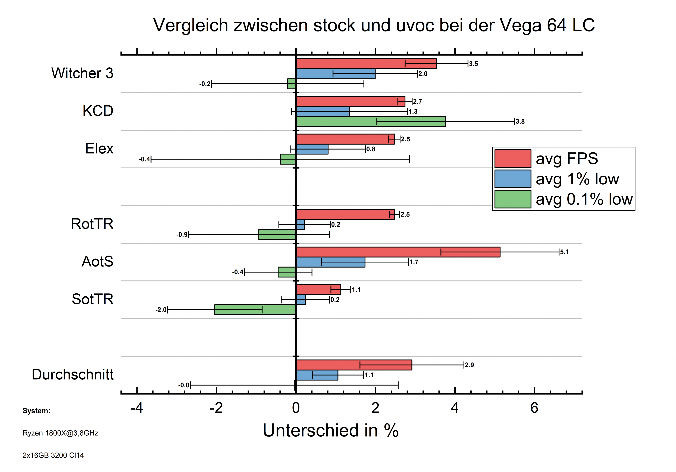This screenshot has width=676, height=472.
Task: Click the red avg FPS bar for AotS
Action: [x=398, y=252]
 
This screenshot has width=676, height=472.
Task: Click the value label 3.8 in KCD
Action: [x=520, y=122]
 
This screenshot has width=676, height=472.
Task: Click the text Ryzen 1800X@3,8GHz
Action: [x=60, y=433]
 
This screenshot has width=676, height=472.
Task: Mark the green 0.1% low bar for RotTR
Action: [x=277, y=235]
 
